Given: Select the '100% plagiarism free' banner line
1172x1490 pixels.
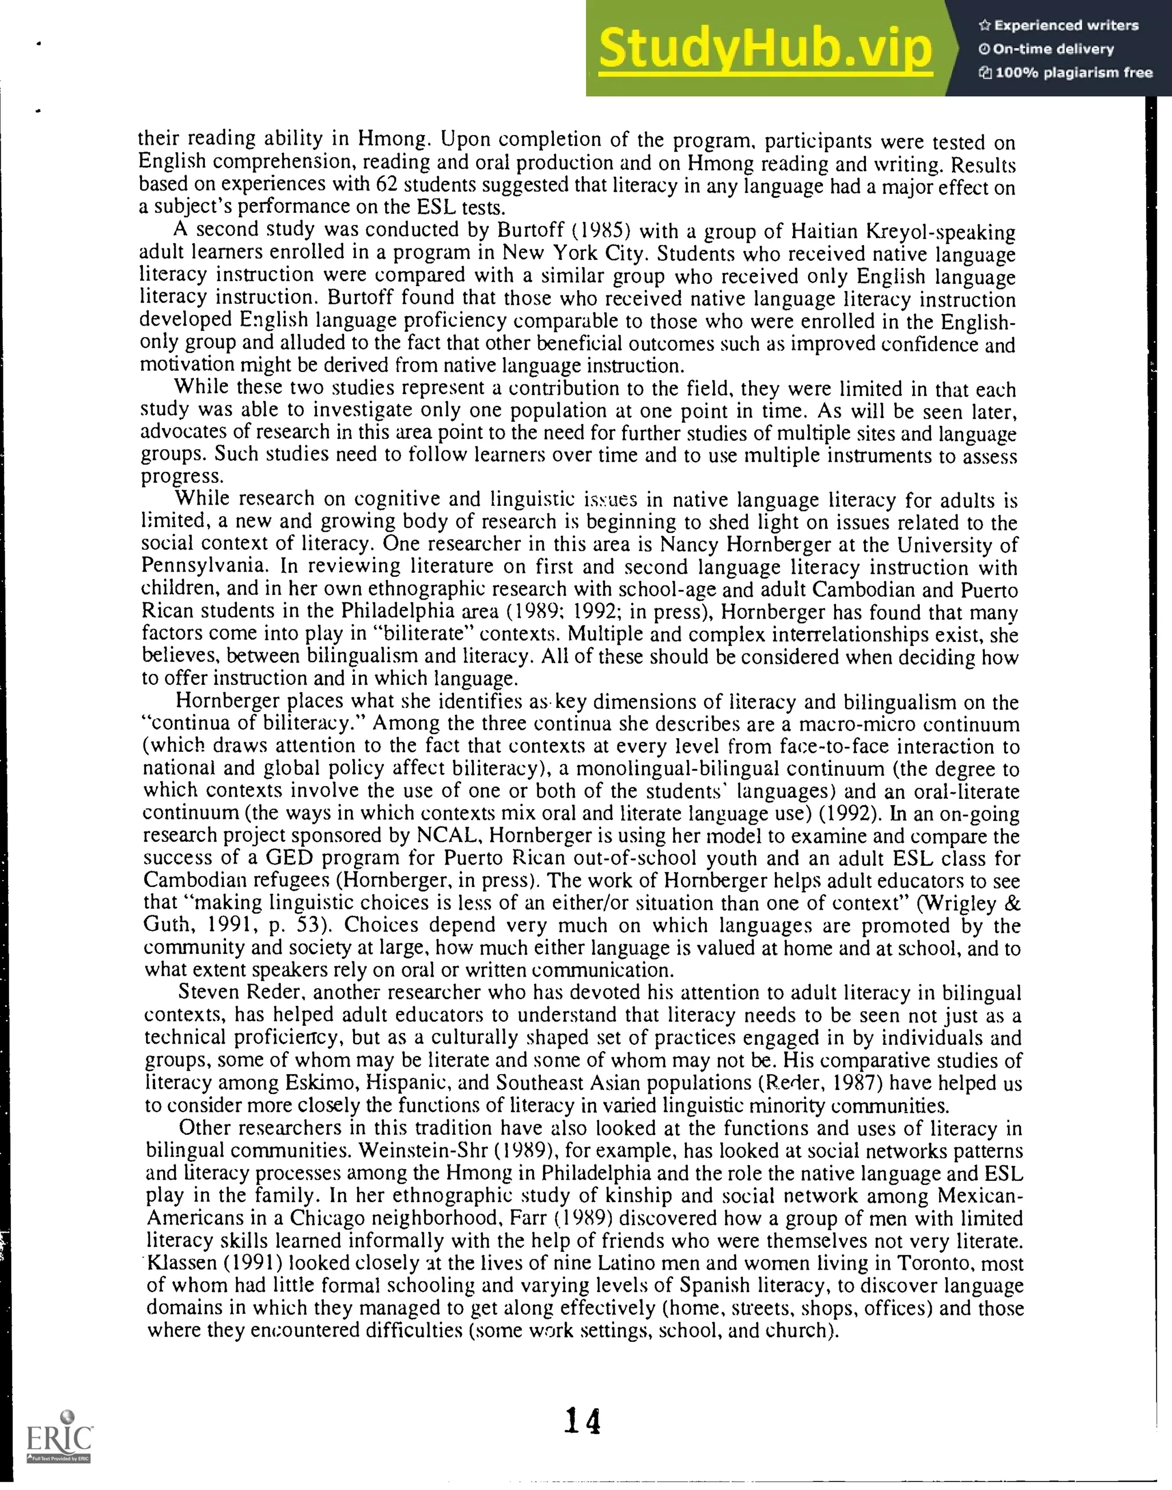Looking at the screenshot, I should pos(1066,73).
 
